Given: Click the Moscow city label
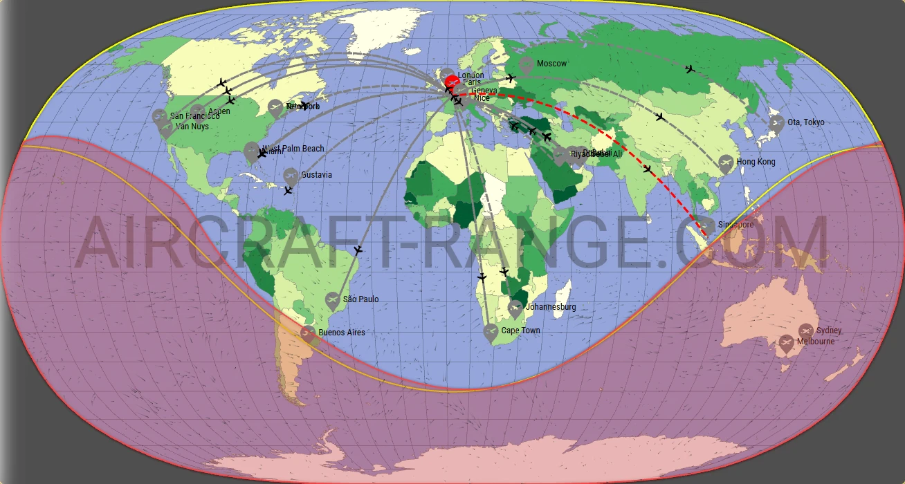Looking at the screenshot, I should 551,64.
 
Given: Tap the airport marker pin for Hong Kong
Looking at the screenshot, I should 726,163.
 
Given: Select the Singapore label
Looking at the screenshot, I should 735,225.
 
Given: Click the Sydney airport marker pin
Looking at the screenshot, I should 806,331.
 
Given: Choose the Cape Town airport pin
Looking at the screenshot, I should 491,332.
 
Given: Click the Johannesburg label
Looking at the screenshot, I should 551,307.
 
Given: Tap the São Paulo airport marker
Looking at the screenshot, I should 333,300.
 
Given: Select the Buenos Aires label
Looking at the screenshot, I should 342,333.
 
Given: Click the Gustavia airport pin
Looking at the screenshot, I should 291,176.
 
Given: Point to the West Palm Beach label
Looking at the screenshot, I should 293,149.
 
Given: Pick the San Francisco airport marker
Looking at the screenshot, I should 160,117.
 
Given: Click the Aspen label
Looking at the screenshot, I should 219,111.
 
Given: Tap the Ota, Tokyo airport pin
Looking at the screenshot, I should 777,124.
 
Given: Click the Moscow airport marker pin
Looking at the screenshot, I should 527,65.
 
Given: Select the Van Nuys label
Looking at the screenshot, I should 192,127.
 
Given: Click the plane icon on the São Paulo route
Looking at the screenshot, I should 358,250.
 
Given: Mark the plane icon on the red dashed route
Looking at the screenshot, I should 648,169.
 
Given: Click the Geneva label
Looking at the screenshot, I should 484,91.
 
